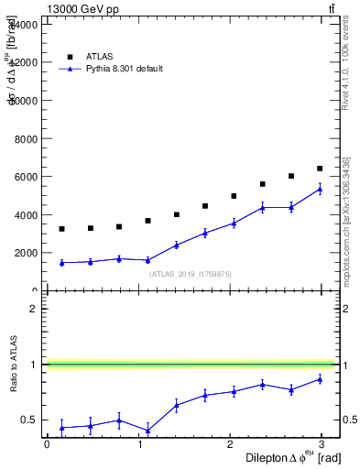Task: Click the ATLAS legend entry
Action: point(101,56)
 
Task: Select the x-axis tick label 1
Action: point(140,443)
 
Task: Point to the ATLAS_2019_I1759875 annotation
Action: point(191,274)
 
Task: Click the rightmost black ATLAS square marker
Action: point(320,169)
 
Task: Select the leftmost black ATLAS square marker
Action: point(61,229)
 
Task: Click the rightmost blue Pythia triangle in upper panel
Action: point(320,190)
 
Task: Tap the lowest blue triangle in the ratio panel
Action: point(147,431)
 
